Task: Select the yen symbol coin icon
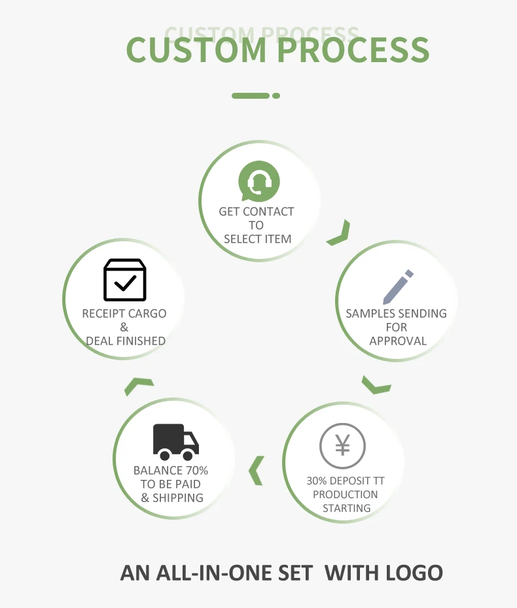coord(342,447)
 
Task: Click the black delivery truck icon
coord(175,441)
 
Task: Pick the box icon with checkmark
coord(124,280)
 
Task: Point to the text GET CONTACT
coord(257,211)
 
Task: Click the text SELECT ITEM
coord(257,239)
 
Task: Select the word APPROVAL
coord(398,341)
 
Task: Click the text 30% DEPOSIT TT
coord(346,481)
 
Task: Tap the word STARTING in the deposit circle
coord(346,508)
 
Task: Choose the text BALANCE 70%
coord(171,470)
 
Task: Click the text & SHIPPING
coord(172,498)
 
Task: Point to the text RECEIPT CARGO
coord(124,313)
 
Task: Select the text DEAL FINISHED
coord(126,341)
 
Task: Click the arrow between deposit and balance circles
coord(256,470)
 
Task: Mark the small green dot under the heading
coord(276,95)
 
